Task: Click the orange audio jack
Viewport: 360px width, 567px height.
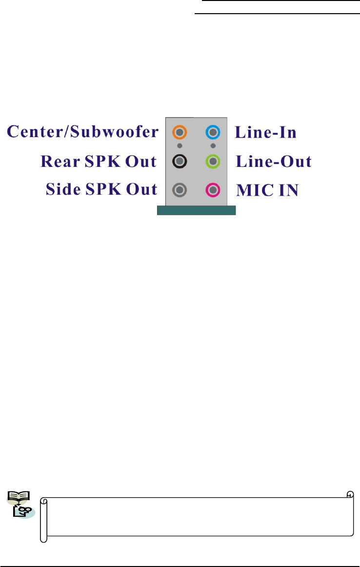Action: (x=180, y=132)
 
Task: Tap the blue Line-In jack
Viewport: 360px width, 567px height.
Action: (x=213, y=132)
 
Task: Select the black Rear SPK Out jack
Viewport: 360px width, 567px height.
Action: (x=180, y=161)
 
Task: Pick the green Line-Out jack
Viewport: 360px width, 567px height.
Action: (x=213, y=161)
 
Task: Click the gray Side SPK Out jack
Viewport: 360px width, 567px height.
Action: (x=180, y=189)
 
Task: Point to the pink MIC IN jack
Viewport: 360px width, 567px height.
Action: (x=213, y=189)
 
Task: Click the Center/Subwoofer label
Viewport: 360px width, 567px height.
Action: (x=83, y=132)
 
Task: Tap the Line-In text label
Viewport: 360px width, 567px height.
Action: (x=266, y=132)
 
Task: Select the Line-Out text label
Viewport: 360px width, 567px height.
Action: (x=274, y=162)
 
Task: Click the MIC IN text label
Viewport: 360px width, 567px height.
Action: (x=267, y=190)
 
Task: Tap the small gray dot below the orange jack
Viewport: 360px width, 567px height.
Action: (x=180, y=145)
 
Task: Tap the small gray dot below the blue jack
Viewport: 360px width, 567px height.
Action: (x=213, y=145)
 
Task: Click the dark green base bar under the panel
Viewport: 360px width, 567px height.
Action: (x=196, y=210)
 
